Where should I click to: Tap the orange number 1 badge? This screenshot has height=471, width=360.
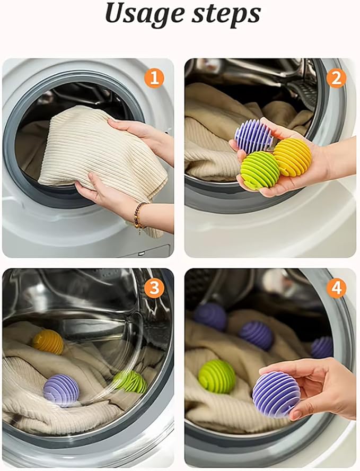154,78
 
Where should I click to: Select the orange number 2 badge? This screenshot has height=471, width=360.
336,78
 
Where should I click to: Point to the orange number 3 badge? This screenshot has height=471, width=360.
154,288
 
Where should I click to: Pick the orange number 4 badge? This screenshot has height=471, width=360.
336,288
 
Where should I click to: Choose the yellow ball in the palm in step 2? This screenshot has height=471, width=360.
293,156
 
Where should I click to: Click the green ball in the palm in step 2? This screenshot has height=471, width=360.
260,170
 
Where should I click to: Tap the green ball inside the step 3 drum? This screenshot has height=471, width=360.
129,381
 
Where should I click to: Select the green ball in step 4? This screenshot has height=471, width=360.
216,377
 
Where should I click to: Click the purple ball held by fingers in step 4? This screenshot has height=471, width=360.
276,394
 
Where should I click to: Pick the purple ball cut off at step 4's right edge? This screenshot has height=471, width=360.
322,347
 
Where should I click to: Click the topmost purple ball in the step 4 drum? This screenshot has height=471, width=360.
210,317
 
